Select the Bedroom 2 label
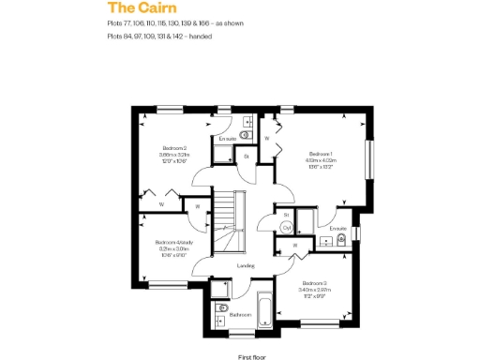tap(175, 148)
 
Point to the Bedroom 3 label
tap(313, 282)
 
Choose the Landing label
tap(246, 265)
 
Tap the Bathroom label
tap(241, 315)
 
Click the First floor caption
tap(252, 357)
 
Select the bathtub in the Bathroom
tap(263, 314)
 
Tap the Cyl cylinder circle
tap(286, 227)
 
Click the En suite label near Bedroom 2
tap(227, 140)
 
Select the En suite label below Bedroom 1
tap(338, 227)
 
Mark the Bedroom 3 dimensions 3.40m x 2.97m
tap(313, 290)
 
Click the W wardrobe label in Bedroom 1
tap(267, 139)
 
